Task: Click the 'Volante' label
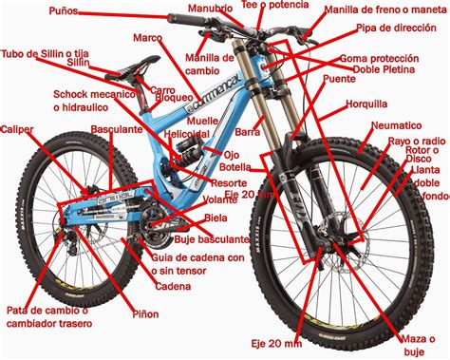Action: click(221, 200)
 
